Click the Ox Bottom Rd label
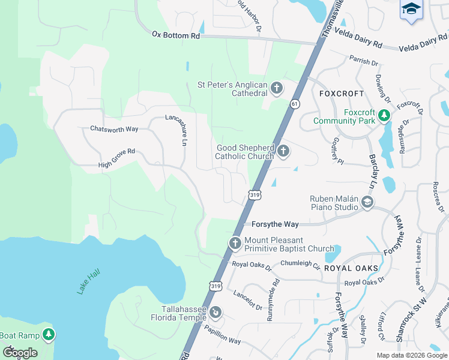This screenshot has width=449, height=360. (175, 35)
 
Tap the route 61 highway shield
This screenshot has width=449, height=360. (295, 104)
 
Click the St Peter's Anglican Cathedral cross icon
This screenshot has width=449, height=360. (276, 89)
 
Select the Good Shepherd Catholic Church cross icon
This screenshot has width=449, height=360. (283, 152)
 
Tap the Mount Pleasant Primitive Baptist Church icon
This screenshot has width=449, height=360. (235, 244)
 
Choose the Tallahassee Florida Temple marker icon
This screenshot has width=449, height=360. (215, 312)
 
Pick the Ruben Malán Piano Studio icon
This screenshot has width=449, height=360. (367, 203)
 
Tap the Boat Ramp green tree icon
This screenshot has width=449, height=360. (48, 335)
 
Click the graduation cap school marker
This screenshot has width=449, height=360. (411, 9)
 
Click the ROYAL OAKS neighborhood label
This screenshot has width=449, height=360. (351, 268)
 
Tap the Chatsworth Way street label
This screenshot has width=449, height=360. (114, 128)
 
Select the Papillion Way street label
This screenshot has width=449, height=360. (222, 336)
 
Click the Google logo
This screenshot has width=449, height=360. (19, 352)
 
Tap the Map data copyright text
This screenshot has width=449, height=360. (411, 355)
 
